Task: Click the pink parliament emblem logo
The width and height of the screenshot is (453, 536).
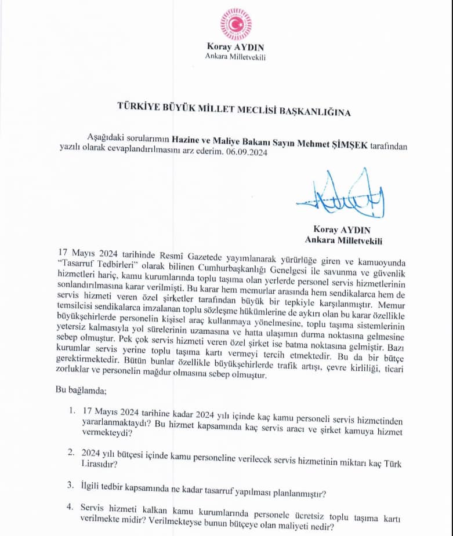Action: pos(235,24)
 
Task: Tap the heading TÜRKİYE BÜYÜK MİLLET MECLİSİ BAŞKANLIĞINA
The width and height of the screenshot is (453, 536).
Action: pos(234,112)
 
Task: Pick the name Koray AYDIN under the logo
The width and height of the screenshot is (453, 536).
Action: pos(235,47)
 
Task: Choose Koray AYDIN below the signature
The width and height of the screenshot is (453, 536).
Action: pos(340,229)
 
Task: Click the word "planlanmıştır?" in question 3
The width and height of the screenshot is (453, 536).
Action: pos(296,494)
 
